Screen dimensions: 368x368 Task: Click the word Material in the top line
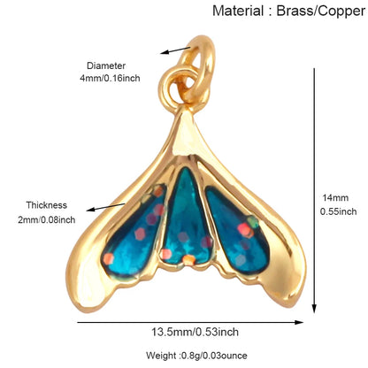click(238, 11)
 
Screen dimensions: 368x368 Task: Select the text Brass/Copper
click(321, 11)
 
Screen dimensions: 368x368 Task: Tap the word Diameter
click(106, 65)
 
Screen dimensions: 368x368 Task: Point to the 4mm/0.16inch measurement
click(110, 79)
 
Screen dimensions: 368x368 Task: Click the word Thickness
click(47, 205)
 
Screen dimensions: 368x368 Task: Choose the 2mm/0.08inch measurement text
click(46, 219)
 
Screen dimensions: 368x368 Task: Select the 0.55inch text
click(338, 211)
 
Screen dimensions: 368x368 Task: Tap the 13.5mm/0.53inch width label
click(195, 333)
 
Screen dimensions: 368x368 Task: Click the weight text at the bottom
click(196, 356)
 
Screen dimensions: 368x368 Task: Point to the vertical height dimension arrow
click(314, 190)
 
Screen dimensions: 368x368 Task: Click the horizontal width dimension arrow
click(190, 322)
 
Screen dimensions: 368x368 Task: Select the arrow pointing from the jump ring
click(175, 50)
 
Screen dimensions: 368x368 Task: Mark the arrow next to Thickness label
click(106, 206)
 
